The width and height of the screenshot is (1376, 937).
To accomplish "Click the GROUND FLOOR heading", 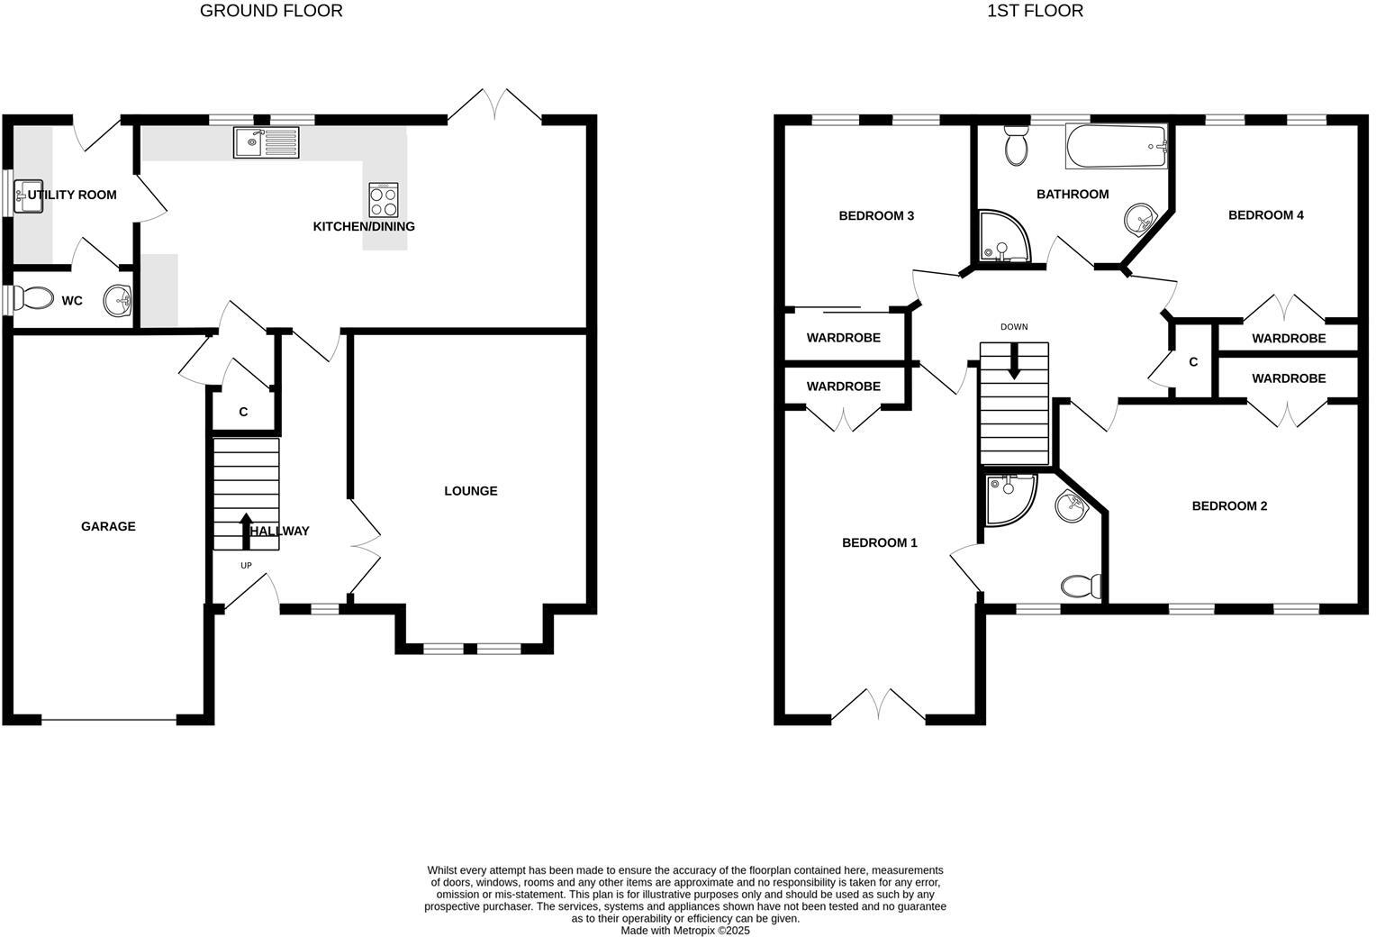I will pyautogui.click(x=271, y=11).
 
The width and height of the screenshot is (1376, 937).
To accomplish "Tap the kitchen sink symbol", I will pyautogui.click(x=266, y=142).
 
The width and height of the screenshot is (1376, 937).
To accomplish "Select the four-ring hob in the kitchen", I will pyautogui.click(x=384, y=199).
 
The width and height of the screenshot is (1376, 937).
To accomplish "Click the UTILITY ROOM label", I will pyautogui.click(x=72, y=195).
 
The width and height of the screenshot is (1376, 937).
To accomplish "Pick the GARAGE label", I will pyautogui.click(x=108, y=526).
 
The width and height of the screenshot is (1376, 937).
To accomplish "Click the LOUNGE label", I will pyautogui.click(x=470, y=491).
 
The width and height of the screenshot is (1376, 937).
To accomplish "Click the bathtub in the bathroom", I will pyautogui.click(x=1116, y=147).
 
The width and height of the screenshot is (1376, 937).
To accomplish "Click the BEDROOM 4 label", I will pyautogui.click(x=1265, y=215).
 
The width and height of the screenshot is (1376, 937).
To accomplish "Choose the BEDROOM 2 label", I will pyautogui.click(x=1229, y=506).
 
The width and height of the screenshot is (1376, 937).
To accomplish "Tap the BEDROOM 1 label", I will pyautogui.click(x=879, y=542).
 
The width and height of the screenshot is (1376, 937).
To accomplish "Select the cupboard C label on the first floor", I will pyautogui.click(x=1193, y=362).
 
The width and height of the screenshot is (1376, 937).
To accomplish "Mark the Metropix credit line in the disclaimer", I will pyautogui.click(x=684, y=931).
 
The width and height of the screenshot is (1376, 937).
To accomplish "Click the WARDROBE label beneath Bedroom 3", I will pyautogui.click(x=843, y=338).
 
